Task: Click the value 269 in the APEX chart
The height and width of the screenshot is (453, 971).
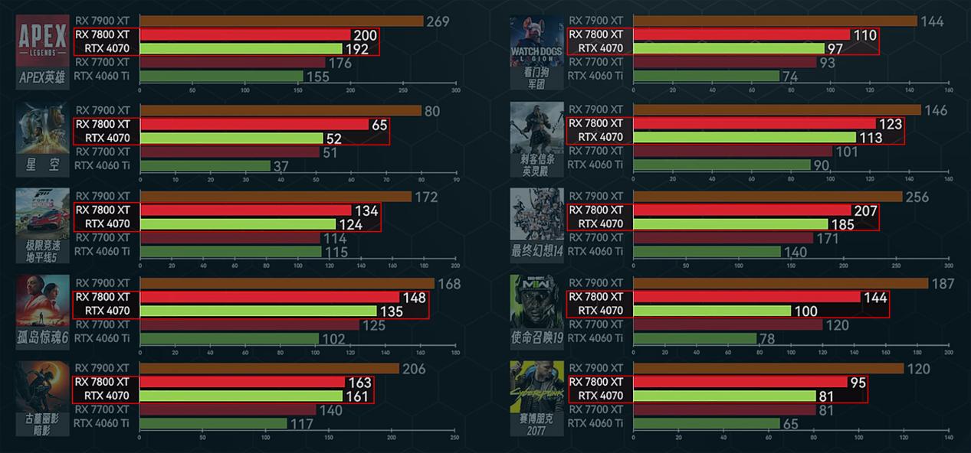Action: coord(438,21)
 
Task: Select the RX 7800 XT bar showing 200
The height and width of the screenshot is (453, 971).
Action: coord(245,34)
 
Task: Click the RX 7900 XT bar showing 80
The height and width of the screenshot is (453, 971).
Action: coord(280,111)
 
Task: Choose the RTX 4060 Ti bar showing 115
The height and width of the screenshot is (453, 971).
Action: coord(230,251)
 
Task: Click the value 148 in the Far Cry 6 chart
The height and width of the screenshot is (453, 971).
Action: coord(413,298)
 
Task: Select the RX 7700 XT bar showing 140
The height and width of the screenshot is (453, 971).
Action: coord(227,409)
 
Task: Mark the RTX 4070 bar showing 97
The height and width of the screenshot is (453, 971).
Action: coord(728,48)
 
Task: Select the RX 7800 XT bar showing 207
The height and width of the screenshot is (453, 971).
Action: coord(742,210)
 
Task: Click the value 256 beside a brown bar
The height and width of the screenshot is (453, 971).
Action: coord(917,197)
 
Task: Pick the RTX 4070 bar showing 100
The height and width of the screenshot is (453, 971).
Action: coord(712,311)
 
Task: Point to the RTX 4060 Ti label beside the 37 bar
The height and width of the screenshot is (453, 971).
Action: coord(102,165)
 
